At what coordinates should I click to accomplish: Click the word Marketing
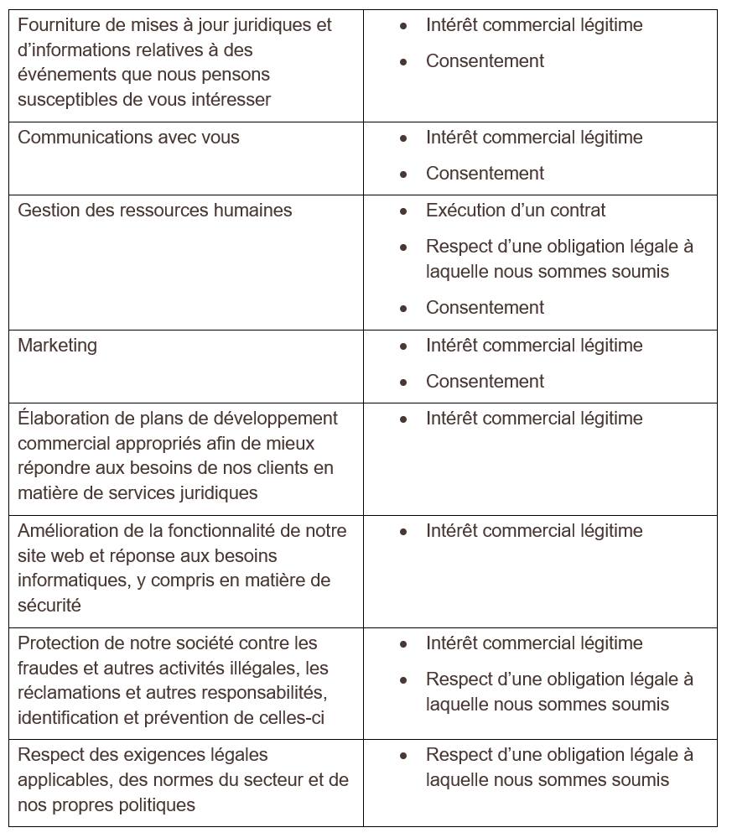click(57, 346)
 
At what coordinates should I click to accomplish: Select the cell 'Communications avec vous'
click(128, 138)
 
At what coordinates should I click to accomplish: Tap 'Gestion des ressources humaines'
click(155, 211)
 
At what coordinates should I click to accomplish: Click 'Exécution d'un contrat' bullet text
click(515, 211)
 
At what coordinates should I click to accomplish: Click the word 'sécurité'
click(49, 605)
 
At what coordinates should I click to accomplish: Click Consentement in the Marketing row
click(485, 382)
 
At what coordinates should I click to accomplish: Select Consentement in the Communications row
click(485, 174)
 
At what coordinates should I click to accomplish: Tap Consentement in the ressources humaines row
click(485, 308)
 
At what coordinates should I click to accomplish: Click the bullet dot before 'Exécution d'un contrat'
click(404, 211)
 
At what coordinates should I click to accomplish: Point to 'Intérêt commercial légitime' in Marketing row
click(534, 346)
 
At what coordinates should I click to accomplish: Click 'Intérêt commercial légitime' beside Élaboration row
click(534, 419)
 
